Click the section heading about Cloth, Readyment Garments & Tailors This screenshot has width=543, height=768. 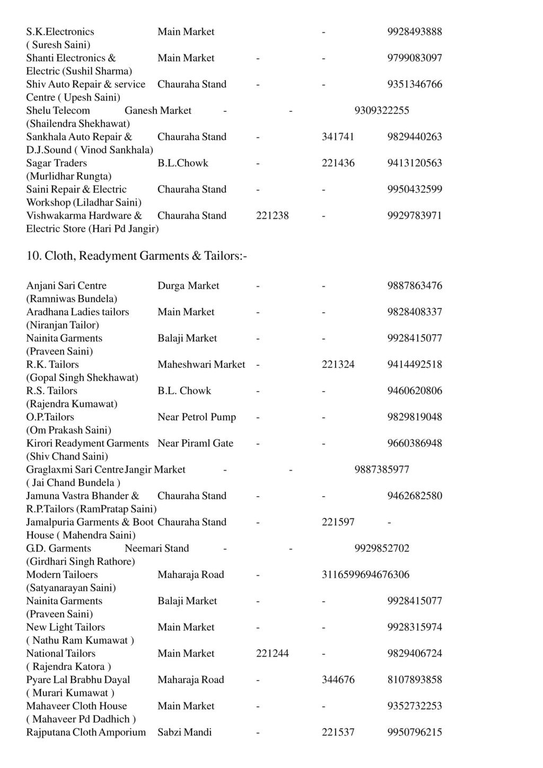pos(137,256)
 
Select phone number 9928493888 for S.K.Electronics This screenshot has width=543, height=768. pos(414,32)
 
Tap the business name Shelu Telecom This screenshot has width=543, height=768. pos(58,111)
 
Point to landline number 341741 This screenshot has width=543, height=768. pos(338,137)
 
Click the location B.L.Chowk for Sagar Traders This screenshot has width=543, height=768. pos(183,163)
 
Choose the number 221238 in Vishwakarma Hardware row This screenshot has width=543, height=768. pos(272,216)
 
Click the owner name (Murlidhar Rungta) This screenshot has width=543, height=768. pos(69,176)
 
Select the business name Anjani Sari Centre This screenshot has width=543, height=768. pos(66,286)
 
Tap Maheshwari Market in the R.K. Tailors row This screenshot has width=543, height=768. pos(202,365)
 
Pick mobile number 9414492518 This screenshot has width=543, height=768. pos(414,365)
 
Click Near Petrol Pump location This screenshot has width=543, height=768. pos(197,417)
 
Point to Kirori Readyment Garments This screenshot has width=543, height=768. pos(87,443)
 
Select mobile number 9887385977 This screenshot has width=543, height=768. pos(382,470)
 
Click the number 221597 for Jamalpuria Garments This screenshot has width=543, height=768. pos(338,522)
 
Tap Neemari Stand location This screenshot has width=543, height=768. pos(157,549)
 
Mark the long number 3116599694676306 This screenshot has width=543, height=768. pos(365,575)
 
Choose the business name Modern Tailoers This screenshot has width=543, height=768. pos(62,575)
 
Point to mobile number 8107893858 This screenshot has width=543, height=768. pos(414,680)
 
